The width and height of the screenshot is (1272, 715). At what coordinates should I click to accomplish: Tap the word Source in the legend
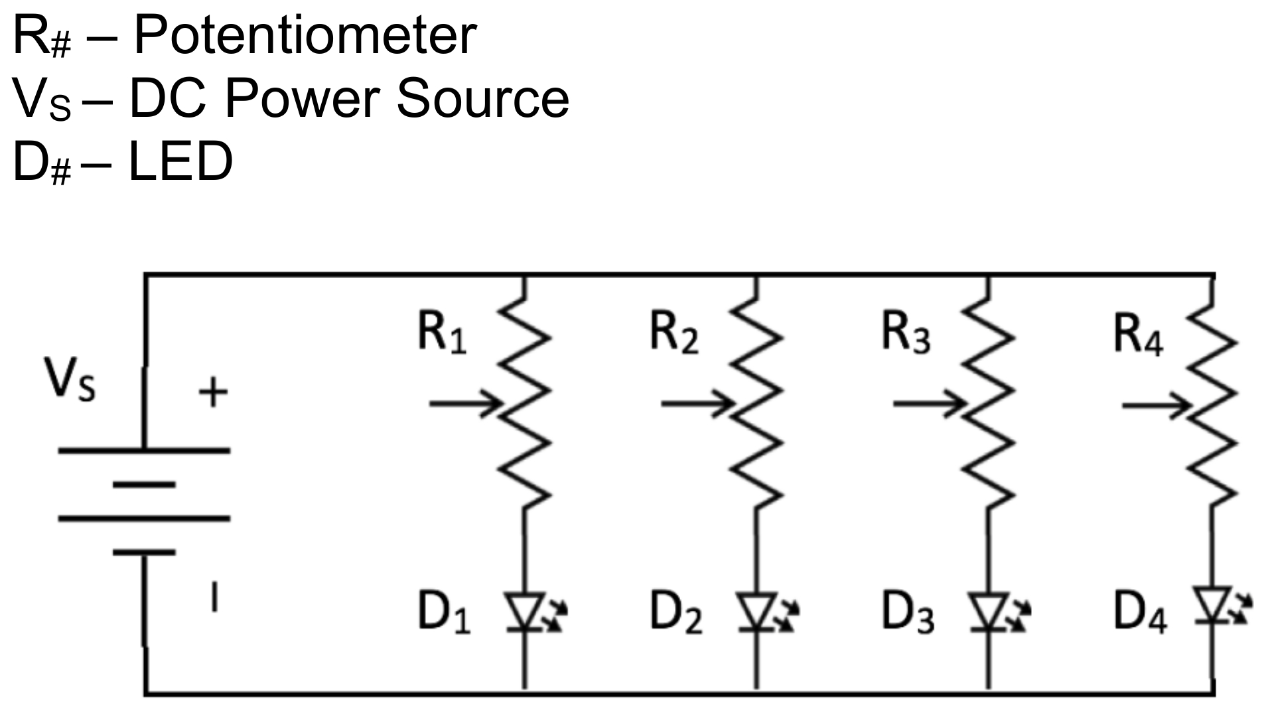coord(482,99)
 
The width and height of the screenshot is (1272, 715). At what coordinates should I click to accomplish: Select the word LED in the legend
coord(180,161)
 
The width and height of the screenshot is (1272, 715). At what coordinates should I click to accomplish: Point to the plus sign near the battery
coord(213,392)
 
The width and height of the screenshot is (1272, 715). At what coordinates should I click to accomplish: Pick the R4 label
coord(1137,335)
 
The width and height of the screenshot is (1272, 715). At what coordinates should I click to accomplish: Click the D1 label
coord(443,612)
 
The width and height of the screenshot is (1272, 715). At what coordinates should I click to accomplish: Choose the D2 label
coord(675,612)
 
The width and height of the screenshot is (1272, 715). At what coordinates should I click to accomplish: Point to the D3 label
coord(907,612)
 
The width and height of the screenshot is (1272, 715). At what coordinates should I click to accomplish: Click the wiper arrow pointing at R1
coord(464,403)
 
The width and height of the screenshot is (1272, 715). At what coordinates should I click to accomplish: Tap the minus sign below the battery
coord(213,596)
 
